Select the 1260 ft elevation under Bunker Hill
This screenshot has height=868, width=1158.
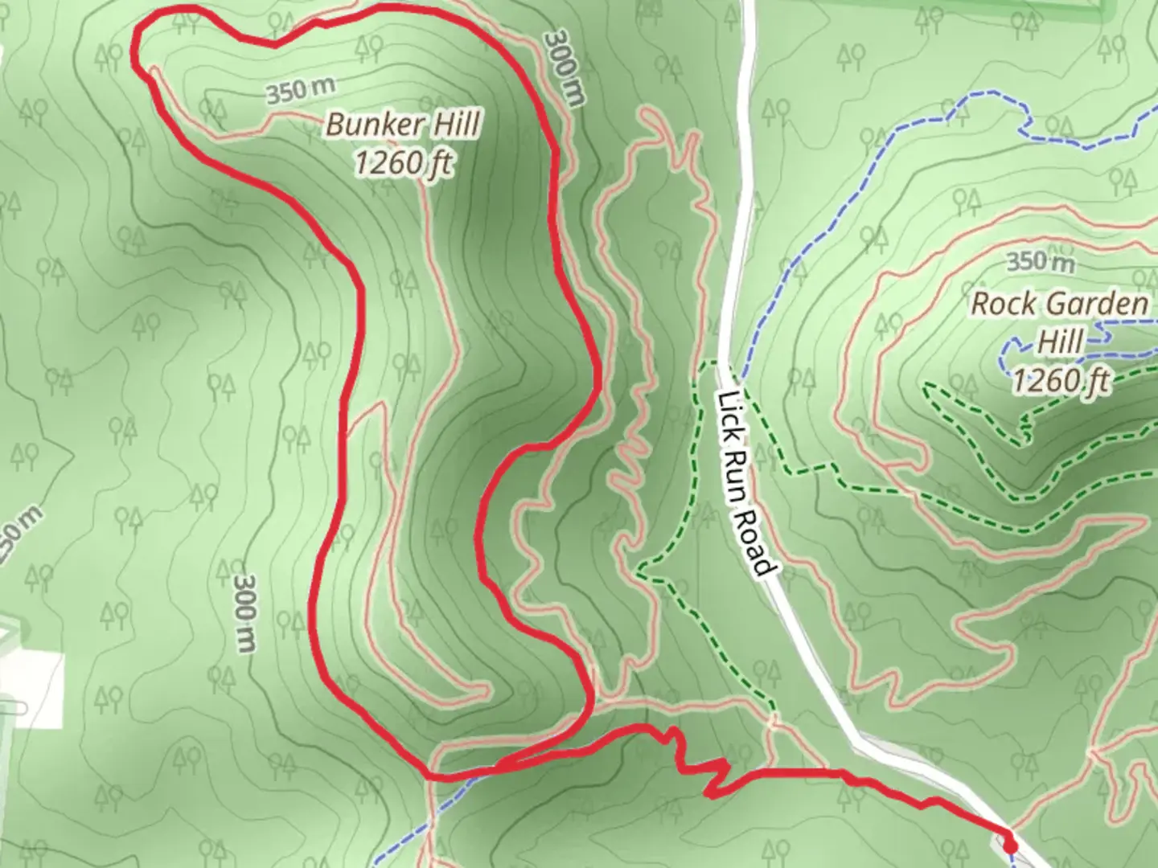(403, 163)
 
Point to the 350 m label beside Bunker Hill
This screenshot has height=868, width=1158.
(300, 91)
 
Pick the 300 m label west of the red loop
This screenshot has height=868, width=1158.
(246, 612)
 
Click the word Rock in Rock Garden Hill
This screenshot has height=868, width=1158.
(1002, 305)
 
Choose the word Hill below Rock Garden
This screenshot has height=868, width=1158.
(1061, 341)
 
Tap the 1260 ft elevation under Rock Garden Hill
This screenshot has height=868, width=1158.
(1061, 379)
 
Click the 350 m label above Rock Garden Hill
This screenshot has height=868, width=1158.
(1041, 261)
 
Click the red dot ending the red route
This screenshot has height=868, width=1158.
(1008, 845)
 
